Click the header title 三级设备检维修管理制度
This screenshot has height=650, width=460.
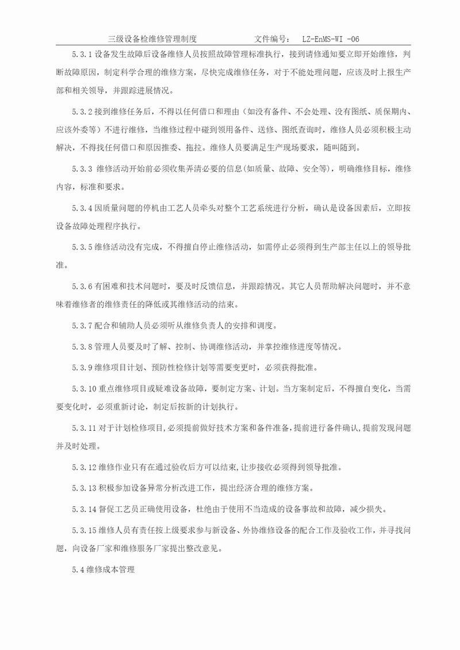coord(152,39)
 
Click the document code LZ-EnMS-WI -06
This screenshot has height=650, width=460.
coord(331,39)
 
